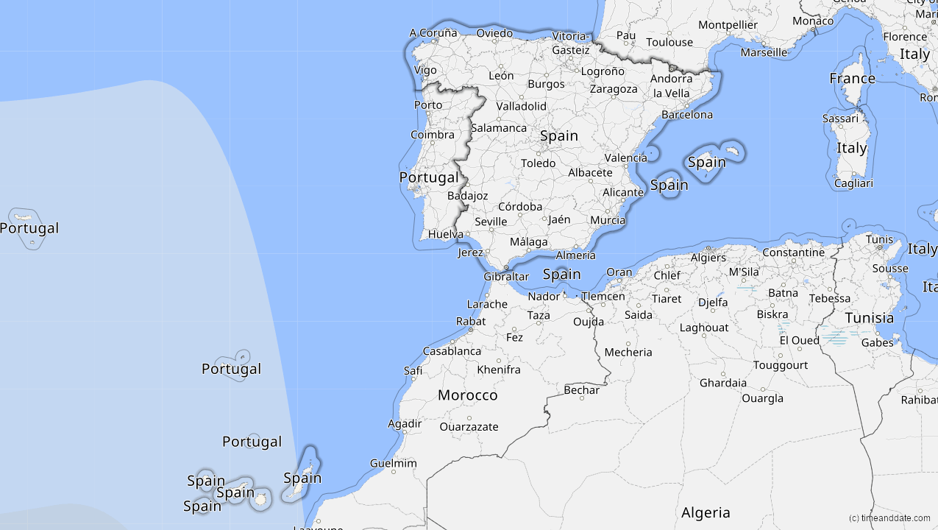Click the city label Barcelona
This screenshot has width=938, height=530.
click(687, 115)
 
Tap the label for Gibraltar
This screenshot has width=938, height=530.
click(506, 277)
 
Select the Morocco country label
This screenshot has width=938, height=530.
click(467, 395)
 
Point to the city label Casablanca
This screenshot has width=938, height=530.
click(452, 351)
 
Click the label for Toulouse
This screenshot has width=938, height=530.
click(669, 42)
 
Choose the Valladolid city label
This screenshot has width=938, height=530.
click(521, 106)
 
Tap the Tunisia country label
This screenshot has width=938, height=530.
click(869, 318)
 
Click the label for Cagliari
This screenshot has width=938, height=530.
click(853, 183)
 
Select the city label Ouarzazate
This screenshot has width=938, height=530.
click(469, 427)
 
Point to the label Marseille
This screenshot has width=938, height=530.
click(764, 52)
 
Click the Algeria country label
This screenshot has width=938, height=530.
click(706, 513)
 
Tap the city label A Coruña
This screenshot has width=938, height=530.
click(433, 33)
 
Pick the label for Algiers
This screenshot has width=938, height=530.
click(708, 258)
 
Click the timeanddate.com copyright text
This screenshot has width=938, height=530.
click(889, 518)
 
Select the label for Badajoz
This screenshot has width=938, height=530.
click(467, 196)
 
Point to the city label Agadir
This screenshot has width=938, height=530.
click(405, 423)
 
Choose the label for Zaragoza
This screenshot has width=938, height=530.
click(614, 89)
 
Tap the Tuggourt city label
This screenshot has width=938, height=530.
click(780, 365)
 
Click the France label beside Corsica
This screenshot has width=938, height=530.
click(852, 78)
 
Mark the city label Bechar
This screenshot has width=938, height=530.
click(581, 390)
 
